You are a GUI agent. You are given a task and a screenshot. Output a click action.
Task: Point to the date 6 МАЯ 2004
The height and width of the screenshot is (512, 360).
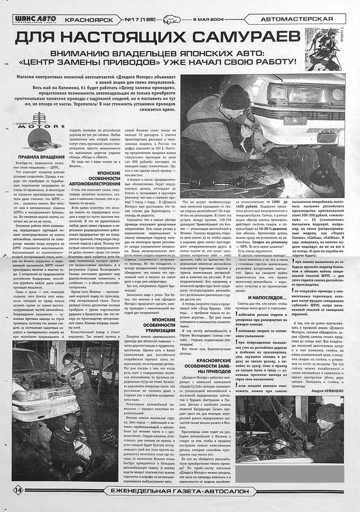(x=209, y=20)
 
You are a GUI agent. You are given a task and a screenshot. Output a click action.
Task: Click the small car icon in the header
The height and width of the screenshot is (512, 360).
(x=172, y=20)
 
